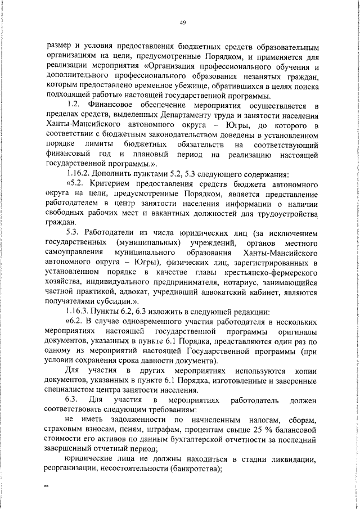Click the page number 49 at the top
[x=183, y=22]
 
